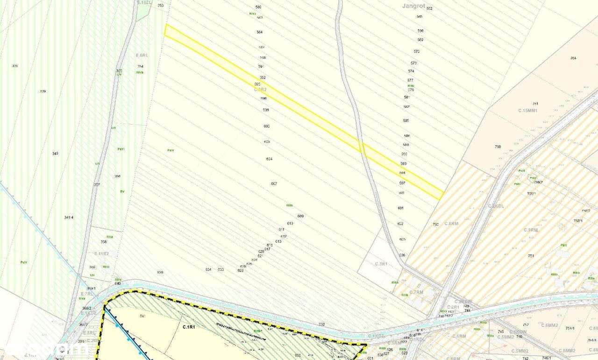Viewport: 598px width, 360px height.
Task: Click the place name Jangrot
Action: pyautogui.click(x=413, y=6)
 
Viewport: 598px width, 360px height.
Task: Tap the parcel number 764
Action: pyautogui.click(x=573, y=58)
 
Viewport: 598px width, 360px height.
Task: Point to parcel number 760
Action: pyautogui.click(x=498, y=147)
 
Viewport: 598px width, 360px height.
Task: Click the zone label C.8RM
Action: pyautogui.click(x=451, y=224)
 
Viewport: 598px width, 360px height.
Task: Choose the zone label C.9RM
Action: pyautogui.click(x=531, y=230)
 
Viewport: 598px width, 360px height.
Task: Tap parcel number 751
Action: pyautogui.click(x=531, y=256)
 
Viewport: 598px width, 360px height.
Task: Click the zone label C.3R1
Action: pyautogui.click(x=381, y=264)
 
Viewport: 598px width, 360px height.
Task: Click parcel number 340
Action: pyautogui.click(x=55, y=154)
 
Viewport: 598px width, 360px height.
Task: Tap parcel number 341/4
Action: pyautogui.click(x=69, y=218)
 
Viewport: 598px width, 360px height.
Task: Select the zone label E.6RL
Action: pyautogui.click(x=142, y=55)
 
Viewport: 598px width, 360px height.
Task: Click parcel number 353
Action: pyautogui.click(x=161, y=6)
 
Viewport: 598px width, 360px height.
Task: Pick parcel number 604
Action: pyautogui.click(x=269, y=159)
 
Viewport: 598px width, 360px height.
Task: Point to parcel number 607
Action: pyautogui.click(x=274, y=184)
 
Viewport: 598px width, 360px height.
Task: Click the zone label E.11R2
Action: pyautogui.click(x=101, y=254)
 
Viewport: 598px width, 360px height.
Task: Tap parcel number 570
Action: pyautogui.click(x=416, y=51)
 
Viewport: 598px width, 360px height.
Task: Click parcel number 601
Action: pyautogui.click(x=400, y=208)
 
